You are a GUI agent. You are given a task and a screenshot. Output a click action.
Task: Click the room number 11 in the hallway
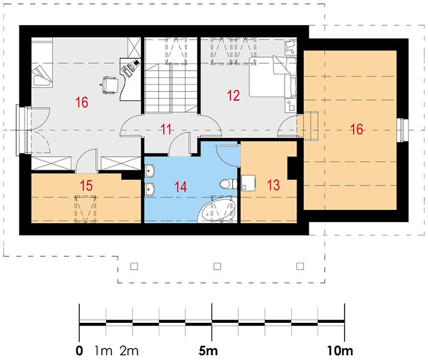(166, 129)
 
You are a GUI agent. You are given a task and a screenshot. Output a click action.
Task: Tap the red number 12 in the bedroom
(234, 95)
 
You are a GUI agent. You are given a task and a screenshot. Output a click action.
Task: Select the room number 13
(273, 185)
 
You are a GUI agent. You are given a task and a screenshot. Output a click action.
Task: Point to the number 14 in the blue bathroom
(181, 187)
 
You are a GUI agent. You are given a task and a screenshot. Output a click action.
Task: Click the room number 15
(86, 185)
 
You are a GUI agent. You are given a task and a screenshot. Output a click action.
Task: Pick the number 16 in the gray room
(82, 103)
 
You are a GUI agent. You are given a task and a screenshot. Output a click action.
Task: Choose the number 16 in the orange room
(357, 129)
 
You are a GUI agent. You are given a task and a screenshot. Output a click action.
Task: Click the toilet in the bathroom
(229, 184)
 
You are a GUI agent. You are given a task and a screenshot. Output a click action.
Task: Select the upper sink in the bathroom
(149, 170)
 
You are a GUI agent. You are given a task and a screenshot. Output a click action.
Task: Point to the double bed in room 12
(273, 76)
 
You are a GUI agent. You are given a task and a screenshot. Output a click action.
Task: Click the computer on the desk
(134, 65)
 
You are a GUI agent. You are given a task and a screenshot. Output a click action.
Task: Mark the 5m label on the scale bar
(208, 350)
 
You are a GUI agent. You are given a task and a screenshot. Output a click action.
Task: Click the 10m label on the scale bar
(340, 350)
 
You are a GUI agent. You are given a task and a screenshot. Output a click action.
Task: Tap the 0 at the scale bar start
(79, 350)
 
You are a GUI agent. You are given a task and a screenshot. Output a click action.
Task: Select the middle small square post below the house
(217, 266)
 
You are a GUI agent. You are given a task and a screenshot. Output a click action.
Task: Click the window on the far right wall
(403, 130)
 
